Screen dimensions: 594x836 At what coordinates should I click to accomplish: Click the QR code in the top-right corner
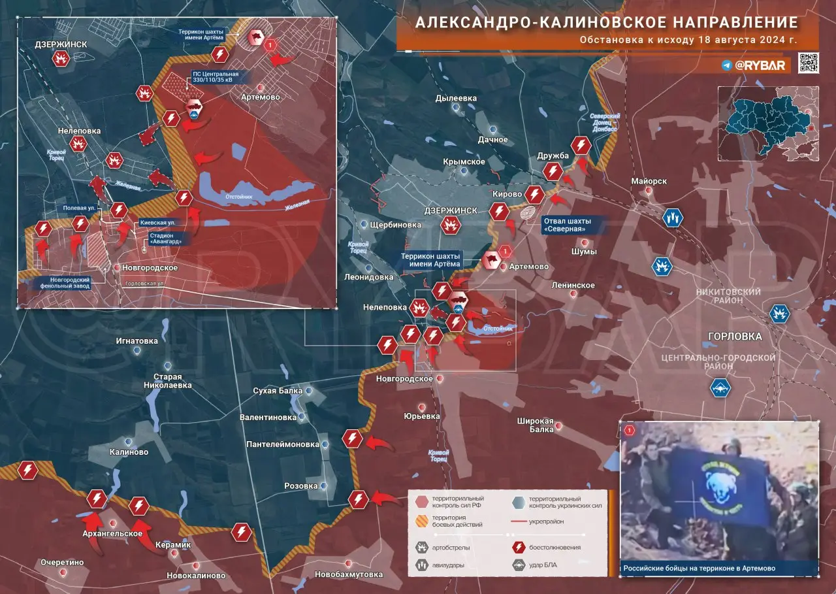click(x=808, y=63)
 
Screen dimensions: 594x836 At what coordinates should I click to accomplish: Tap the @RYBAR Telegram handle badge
click(x=756, y=65)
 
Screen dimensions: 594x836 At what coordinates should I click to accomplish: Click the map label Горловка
click(x=735, y=337)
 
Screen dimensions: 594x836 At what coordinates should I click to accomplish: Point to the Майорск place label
click(x=649, y=181)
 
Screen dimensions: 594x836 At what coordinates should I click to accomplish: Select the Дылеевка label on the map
click(x=456, y=99)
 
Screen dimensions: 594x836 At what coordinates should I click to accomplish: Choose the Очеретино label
click(x=62, y=562)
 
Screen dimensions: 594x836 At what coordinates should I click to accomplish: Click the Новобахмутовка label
click(x=348, y=574)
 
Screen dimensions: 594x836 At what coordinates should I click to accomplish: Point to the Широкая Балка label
click(x=536, y=425)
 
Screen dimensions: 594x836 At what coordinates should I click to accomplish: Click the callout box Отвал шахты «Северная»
click(x=566, y=225)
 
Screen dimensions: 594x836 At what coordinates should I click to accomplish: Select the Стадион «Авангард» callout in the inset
click(x=161, y=237)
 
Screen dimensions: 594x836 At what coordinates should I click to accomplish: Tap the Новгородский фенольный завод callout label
click(x=63, y=283)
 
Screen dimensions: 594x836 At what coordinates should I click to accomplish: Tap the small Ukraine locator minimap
click(x=768, y=122)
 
